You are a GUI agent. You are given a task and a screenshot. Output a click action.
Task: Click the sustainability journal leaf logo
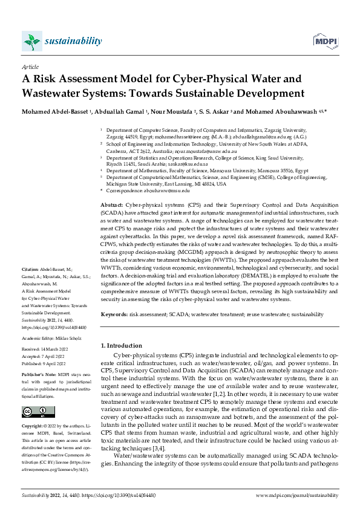click(x=31, y=41)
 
